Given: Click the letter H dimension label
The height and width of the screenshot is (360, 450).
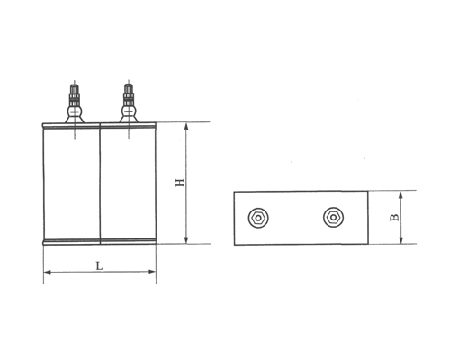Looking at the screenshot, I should pos(179,183).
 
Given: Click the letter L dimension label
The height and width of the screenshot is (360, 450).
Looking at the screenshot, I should pos(98,266).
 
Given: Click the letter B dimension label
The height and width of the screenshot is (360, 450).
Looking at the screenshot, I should pos(393,217).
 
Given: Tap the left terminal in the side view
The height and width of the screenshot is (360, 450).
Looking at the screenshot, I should pos(71,103).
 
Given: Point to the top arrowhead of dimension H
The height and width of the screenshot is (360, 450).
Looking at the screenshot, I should pos(187,127).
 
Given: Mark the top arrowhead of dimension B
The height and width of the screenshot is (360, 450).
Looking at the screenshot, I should pos(401,194).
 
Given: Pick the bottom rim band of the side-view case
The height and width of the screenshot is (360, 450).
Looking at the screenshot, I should pos(100,240).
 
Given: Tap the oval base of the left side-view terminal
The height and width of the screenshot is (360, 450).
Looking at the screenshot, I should pos(71,113).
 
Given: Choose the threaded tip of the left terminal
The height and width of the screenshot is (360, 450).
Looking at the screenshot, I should pos(71,88).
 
